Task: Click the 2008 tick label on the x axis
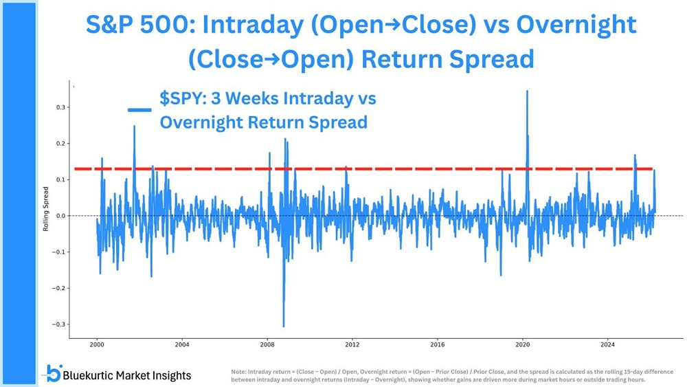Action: (x=267, y=344)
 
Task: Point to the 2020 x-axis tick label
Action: (x=523, y=344)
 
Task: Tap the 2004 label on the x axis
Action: (x=181, y=344)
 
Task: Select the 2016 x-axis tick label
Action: (x=438, y=344)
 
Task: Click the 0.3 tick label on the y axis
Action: (x=60, y=107)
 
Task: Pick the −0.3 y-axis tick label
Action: (x=58, y=324)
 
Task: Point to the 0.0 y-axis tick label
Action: (x=60, y=216)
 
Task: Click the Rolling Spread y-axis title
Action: (x=46, y=216)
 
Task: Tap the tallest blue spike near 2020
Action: (x=527, y=91)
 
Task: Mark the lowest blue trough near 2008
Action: (x=283, y=326)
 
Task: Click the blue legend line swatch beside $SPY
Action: (x=139, y=109)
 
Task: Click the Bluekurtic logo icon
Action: (x=53, y=373)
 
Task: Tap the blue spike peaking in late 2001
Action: (x=134, y=127)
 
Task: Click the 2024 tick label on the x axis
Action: (x=607, y=344)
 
